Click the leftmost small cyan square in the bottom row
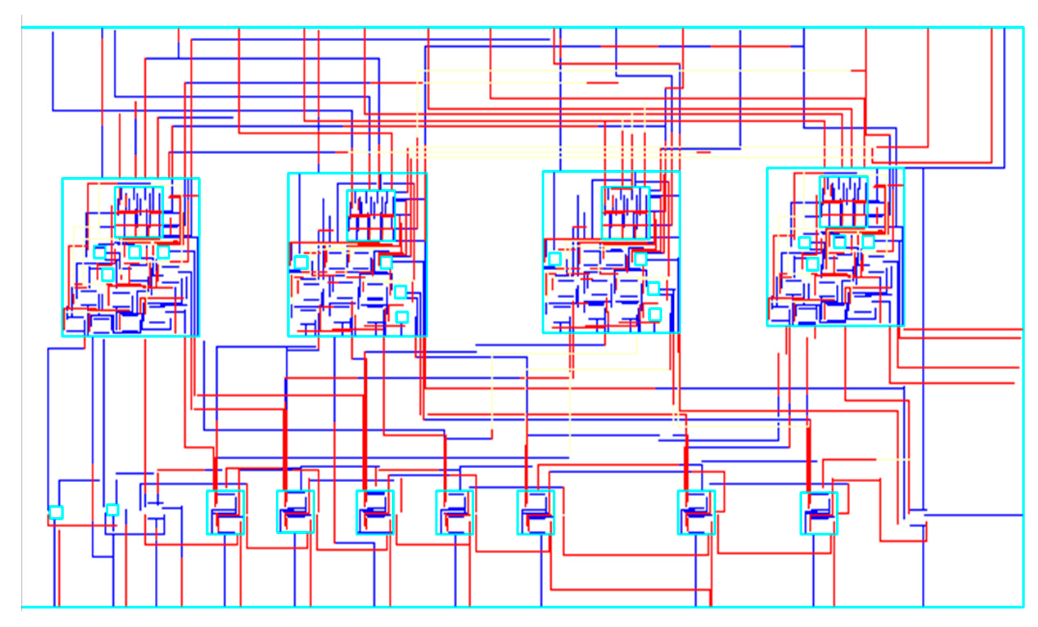(56, 512)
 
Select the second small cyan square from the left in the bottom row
(113, 510)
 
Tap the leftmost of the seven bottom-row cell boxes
(226, 512)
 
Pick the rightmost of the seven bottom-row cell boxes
(819, 513)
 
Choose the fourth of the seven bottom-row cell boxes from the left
(455, 512)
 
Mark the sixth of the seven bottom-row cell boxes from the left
(696, 512)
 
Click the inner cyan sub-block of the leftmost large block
(139, 212)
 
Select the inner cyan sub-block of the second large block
(371, 216)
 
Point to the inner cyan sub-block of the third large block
(625, 213)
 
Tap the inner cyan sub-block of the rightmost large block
(843, 202)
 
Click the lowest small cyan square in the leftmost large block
(108, 274)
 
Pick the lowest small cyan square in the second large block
(402, 317)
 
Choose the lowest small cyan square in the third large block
(654, 314)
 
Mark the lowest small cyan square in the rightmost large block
(812, 264)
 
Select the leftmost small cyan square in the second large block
(301, 262)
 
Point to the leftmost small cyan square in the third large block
(555, 259)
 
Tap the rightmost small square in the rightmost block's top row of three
(868, 242)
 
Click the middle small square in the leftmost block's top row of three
(134, 252)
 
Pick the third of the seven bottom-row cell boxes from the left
(375, 512)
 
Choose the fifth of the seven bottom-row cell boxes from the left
(535, 512)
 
